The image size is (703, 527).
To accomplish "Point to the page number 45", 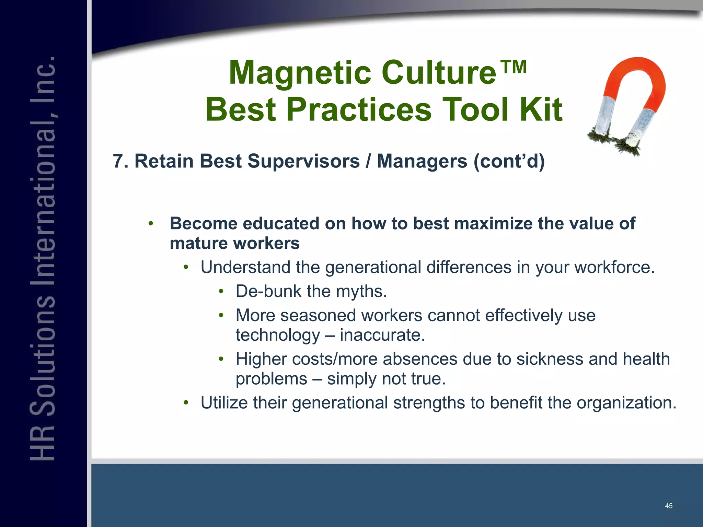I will click(668, 506).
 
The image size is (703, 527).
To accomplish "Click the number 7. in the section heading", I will click(120, 161).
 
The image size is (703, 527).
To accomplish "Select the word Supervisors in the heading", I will click(303, 161).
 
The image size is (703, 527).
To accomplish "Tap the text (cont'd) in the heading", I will click(509, 161).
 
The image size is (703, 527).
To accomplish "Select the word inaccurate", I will click(382, 335).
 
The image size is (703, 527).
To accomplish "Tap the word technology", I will click(278, 336).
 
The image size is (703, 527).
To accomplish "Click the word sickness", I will click(550, 359).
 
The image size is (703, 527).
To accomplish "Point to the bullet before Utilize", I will click(186, 402).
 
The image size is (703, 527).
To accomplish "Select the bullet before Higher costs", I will click(221, 359).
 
